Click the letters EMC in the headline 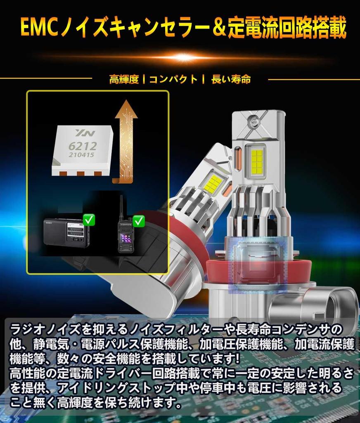[x=39, y=28]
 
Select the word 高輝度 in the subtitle [x=124, y=79]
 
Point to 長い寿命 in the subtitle [x=231, y=79]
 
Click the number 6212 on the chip [x=82, y=146]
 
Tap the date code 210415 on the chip [x=81, y=155]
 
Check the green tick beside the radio [x=89, y=220]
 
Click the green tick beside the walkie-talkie [x=139, y=221]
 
